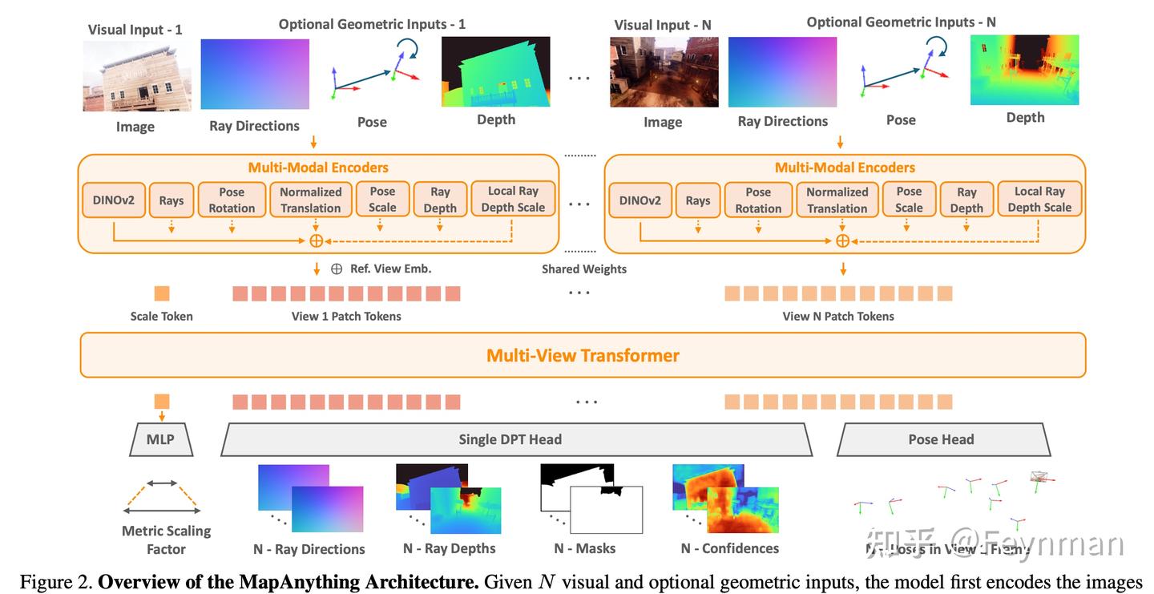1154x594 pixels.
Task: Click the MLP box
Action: [x=161, y=439]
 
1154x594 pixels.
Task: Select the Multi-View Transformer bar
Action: [x=583, y=355]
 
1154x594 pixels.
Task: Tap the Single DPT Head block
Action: [x=510, y=439]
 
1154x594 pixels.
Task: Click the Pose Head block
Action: [x=941, y=439]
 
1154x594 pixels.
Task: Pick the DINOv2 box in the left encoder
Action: [x=113, y=200]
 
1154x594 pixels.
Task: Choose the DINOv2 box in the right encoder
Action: [x=640, y=200]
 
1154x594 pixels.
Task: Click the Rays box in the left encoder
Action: [x=171, y=200]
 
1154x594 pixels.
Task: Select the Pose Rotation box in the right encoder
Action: [x=758, y=200]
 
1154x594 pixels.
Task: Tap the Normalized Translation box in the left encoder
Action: [x=310, y=200]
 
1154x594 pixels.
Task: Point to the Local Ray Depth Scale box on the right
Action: [x=1039, y=200]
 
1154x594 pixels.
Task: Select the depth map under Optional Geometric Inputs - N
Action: [x=1024, y=70]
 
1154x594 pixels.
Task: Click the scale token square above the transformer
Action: [x=161, y=293]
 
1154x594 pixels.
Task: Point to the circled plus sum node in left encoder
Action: [x=316, y=240]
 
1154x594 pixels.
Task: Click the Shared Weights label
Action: [x=583, y=269]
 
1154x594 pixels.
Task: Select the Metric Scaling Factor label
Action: [x=166, y=540]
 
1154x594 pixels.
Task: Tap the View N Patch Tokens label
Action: [x=838, y=316]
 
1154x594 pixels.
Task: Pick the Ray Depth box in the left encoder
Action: [x=440, y=200]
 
